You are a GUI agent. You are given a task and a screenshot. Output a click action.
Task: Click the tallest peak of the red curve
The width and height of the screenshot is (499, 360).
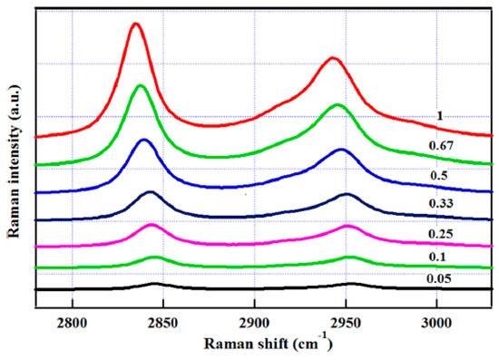[136, 24]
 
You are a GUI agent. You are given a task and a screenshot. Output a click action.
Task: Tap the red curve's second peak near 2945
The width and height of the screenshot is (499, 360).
[333, 58]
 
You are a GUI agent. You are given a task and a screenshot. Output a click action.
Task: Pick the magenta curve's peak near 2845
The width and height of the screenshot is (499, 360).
[152, 225]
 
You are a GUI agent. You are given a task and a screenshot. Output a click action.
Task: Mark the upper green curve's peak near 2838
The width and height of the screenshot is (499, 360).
[141, 86]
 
